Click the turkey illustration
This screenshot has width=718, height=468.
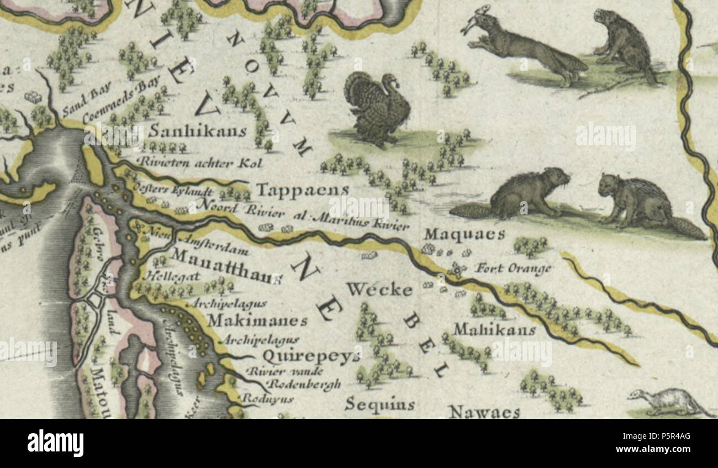(x=377, y=108)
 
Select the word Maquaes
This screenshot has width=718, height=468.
(x=464, y=235)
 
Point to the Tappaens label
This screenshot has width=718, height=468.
(x=303, y=190)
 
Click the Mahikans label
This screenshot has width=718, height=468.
(x=494, y=330)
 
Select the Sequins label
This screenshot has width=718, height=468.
(x=379, y=404)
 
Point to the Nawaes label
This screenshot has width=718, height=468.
(x=484, y=412)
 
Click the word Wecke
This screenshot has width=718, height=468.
(x=379, y=290)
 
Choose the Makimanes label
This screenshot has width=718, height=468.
(x=257, y=320)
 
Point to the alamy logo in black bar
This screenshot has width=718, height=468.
(x=55, y=443)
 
